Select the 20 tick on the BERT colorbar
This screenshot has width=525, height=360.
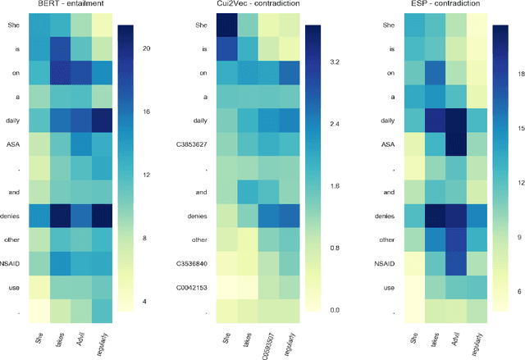pos(145,50)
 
